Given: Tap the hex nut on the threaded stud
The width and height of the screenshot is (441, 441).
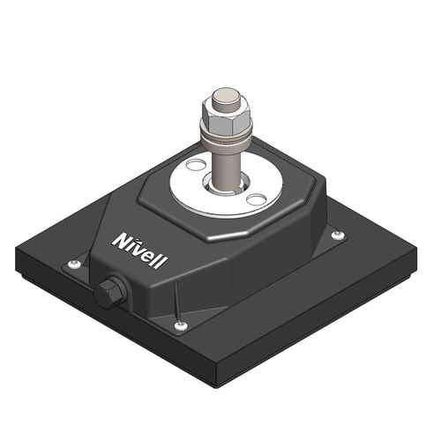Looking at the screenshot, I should pyautogui.click(x=226, y=112).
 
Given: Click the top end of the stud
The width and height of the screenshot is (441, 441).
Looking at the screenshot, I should pyautogui.click(x=227, y=93).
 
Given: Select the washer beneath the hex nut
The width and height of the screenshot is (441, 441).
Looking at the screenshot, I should pyautogui.click(x=226, y=133).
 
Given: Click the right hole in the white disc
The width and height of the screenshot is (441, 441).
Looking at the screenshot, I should pyautogui.click(x=255, y=199).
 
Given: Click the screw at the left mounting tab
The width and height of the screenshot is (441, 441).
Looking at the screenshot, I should pyautogui.click(x=75, y=264).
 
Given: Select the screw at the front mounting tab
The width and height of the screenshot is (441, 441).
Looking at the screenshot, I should pyautogui.click(x=181, y=326).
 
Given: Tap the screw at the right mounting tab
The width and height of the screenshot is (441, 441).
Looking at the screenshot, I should pyautogui.click(x=337, y=235).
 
